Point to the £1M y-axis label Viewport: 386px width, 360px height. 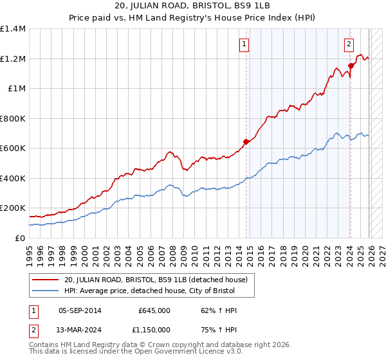pyautogui.click(x=17, y=89)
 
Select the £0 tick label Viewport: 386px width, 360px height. pyautogui.click(x=20, y=238)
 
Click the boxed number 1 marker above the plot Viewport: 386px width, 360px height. pyautogui.click(x=245, y=44)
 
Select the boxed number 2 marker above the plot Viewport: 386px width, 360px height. pyautogui.click(x=349, y=44)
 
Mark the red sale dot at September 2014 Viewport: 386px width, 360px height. pyautogui.click(x=246, y=141)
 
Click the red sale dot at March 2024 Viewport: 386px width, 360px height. pyautogui.click(x=351, y=66)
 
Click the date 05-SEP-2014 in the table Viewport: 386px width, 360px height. pyautogui.click(x=80, y=310)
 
